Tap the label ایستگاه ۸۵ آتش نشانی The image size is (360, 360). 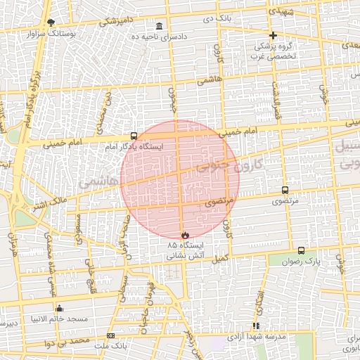[184, 251]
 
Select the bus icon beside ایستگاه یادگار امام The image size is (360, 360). [134, 136]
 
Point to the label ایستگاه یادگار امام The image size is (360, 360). [133, 148]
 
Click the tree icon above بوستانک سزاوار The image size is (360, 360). [50, 22]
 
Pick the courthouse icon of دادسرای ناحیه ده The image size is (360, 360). [160, 26]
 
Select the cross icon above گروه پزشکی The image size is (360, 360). [273, 35]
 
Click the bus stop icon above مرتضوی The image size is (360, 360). [285, 190]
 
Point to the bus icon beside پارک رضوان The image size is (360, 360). [302, 250]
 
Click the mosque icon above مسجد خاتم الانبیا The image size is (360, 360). [59, 308]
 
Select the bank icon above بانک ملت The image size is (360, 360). [110, 335]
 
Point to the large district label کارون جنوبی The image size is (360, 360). [229, 165]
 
